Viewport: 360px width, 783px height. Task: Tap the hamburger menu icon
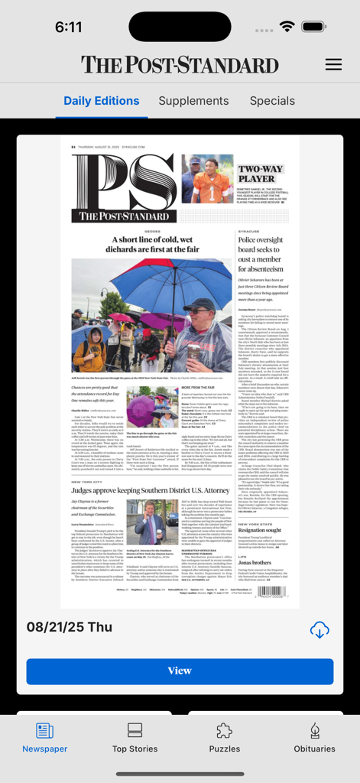[333, 64]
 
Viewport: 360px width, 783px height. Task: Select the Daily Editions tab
[101, 101]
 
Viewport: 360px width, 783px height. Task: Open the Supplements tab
[193, 101]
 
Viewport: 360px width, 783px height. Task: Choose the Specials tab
[272, 101]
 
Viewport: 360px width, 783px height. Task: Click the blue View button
[180, 671]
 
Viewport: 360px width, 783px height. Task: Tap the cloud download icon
[319, 629]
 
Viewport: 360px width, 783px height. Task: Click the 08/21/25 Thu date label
[70, 627]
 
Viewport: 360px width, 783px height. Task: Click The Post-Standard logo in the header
[180, 64]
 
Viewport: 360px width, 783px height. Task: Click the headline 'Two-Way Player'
[260, 174]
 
